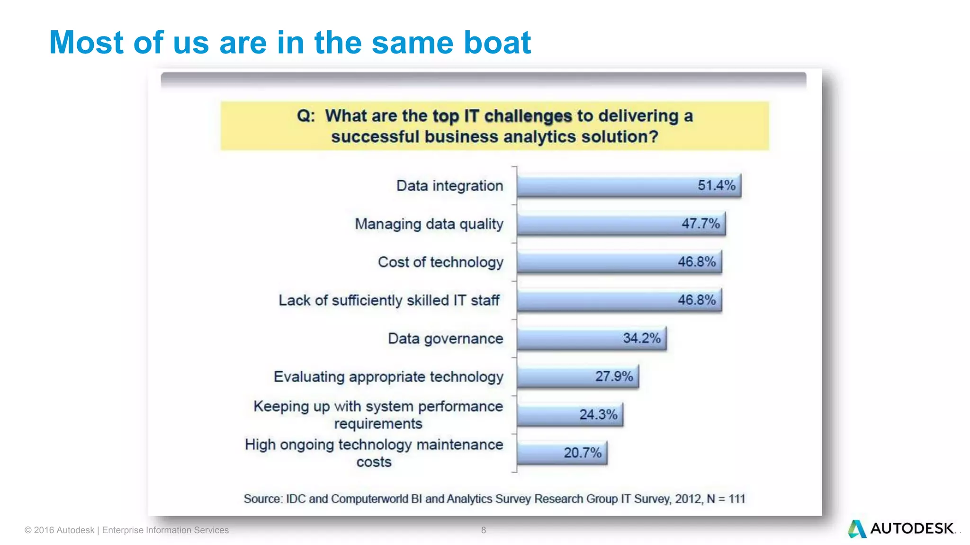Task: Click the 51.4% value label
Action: pyautogui.click(x=716, y=185)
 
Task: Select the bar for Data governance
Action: pyautogui.click(x=591, y=338)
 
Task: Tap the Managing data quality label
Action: pyautogui.click(x=429, y=224)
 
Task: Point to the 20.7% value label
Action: pyautogui.click(x=582, y=453)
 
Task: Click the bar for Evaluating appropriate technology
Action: pyautogui.click(x=577, y=377)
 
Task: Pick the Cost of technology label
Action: pyautogui.click(x=440, y=262)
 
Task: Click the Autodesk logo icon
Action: pyautogui.click(x=857, y=529)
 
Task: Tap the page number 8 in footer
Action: pyautogui.click(x=483, y=530)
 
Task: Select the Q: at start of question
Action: pyautogui.click(x=306, y=116)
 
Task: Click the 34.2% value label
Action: pyautogui.click(x=641, y=338)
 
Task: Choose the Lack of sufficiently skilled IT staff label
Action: pyautogui.click(x=389, y=300)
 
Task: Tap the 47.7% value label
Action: pyautogui.click(x=701, y=224)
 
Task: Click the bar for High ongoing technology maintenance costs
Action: pyautogui.click(x=562, y=453)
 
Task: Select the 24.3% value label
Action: pyautogui.click(x=598, y=415)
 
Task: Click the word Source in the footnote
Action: pyautogui.click(x=262, y=499)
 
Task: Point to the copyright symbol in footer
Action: pyautogui.click(x=28, y=530)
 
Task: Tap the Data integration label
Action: pyautogui.click(x=449, y=186)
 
